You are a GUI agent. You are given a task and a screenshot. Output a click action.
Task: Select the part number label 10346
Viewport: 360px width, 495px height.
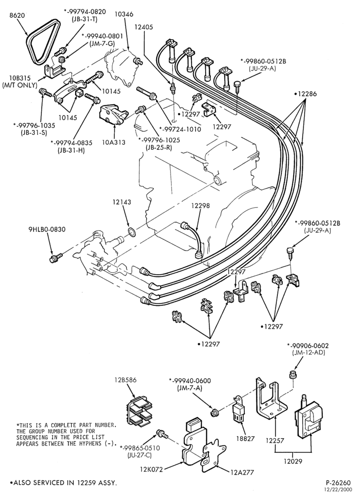(x=124, y=14)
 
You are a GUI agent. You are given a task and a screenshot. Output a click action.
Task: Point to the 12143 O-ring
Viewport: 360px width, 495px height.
(x=132, y=233)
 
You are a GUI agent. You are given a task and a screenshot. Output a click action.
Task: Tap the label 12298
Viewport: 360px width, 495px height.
(x=200, y=206)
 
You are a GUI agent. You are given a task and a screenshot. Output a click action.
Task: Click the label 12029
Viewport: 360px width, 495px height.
(x=293, y=461)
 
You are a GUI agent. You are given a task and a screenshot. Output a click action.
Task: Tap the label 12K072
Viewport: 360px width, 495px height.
(x=152, y=469)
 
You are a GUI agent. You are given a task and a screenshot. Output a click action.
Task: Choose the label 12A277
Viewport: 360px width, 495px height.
(x=242, y=472)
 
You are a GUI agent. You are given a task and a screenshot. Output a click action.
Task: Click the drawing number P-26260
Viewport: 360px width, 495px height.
(x=339, y=483)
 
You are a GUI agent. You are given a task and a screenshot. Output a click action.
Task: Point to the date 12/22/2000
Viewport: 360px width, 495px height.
(x=340, y=489)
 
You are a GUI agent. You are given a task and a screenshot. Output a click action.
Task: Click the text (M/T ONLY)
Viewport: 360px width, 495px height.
(x=20, y=85)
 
